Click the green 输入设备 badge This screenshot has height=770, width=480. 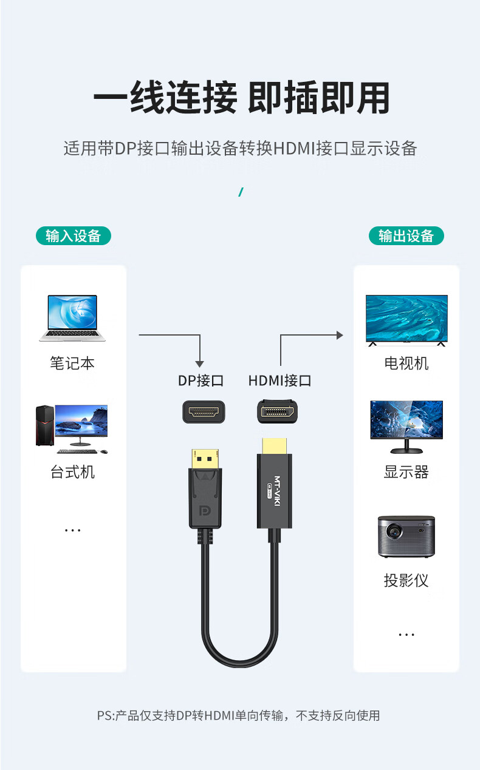pos(74,236)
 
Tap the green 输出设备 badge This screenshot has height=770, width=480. pos(406,236)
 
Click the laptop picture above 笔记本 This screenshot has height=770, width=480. pos(72,318)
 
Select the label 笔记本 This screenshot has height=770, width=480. pos(72,363)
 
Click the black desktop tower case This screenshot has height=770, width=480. pos(45,425)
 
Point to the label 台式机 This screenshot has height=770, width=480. pos(72,472)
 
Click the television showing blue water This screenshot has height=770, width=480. pos(406,320)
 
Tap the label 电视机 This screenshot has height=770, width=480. pos(406,363)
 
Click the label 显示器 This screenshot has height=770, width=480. pos(406,472)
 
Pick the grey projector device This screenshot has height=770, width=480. pos(406,536)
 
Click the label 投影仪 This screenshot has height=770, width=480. pos(406,581)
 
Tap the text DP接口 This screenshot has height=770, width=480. pos(201,380)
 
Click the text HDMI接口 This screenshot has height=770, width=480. pos(279,380)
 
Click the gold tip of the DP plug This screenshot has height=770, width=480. pos(205,459)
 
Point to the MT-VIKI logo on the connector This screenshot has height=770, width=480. pos(277,491)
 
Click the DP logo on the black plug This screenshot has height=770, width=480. pos(205,510)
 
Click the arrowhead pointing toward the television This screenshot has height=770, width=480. pos(340,335)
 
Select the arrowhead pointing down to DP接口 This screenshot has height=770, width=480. pos(200,364)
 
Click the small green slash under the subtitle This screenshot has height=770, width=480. pos(241,192)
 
